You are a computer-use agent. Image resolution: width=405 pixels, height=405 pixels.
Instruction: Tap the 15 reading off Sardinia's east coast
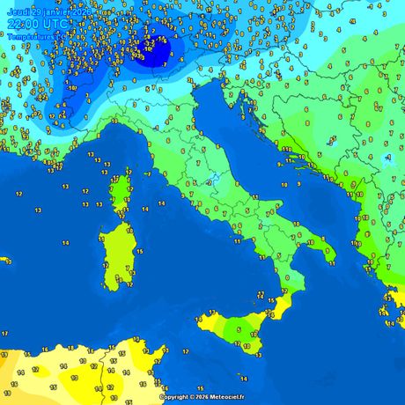pyautogui.click(x=140, y=252)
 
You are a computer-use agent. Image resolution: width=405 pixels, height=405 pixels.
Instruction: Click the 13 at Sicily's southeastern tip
pyautogui.click(x=258, y=355)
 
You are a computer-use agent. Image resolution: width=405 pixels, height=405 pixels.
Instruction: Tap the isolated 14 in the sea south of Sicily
pyautogui.click(x=244, y=379)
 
